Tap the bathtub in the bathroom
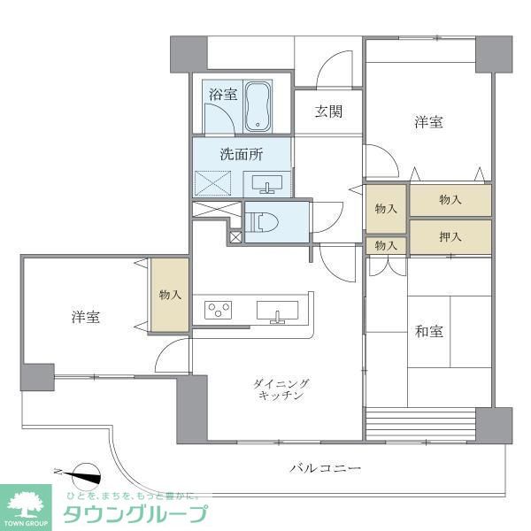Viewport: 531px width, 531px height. [258, 104]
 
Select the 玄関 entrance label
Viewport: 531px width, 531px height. [327, 112]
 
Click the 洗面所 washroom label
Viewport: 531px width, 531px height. [242, 153]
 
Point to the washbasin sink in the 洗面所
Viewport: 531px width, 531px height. [268, 184]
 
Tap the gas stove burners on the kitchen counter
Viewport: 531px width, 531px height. [219, 310]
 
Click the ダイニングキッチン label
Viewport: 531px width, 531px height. [281, 389]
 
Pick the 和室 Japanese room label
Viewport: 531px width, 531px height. [429, 332]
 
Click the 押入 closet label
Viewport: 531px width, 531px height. [450, 236]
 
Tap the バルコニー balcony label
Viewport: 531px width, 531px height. [325, 467]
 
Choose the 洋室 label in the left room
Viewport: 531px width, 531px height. [85, 317]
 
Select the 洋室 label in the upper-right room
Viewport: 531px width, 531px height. [428, 123]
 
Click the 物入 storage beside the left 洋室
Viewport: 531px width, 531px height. [169, 295]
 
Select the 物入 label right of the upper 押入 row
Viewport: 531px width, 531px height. [450, 200]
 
